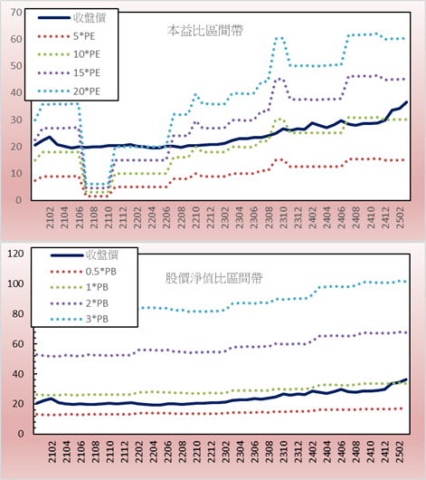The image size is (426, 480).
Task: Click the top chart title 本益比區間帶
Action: point(205,31)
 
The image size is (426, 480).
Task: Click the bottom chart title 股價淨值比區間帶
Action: point(213,278)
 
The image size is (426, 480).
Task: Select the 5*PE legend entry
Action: point(67,36)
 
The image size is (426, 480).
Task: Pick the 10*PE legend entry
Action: point(69,54)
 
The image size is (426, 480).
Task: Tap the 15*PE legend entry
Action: point(69,72)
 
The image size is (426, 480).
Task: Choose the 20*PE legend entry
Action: point(69,91)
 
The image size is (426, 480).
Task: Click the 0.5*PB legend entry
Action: point(83,272)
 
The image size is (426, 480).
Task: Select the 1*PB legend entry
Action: point(80,287)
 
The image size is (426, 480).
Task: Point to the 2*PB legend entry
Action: point(80,303)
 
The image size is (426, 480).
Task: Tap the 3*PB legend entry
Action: point(80,319)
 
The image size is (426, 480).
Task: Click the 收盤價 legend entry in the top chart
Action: point(71,18)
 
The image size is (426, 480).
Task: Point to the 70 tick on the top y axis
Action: point(16,13)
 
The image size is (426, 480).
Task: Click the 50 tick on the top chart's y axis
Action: point(16,66)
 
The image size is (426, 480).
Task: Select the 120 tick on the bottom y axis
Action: point(15,254)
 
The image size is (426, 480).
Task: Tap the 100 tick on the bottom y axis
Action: point(15,283)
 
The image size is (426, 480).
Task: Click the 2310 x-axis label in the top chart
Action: point(283,217)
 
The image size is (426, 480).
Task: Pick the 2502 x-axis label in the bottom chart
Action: point(400,452)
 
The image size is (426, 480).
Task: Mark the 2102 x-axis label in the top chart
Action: point(50,217)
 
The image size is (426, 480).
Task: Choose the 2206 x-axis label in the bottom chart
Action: point(167,452)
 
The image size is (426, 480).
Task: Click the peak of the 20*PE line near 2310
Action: point(279,38)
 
